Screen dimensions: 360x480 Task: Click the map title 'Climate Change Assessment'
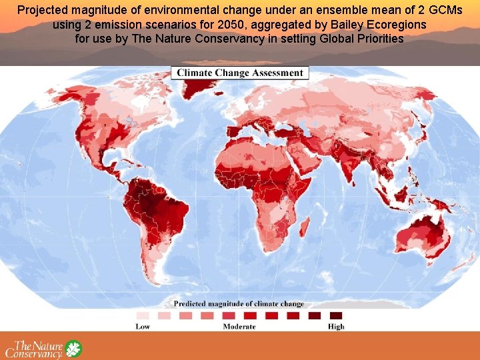[239, 73]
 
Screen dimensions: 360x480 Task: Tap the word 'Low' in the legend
[143, 327]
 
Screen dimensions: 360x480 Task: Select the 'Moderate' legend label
[239, 327]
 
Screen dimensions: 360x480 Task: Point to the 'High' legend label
[336, 327]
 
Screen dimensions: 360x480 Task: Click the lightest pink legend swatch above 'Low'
[143, 315]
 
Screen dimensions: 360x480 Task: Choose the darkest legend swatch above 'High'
[336, 315]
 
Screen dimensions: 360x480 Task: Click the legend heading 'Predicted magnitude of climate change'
[239, 304]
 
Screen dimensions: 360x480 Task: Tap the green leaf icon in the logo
[73, 349]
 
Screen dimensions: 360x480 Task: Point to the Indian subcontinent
[347, 167]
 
